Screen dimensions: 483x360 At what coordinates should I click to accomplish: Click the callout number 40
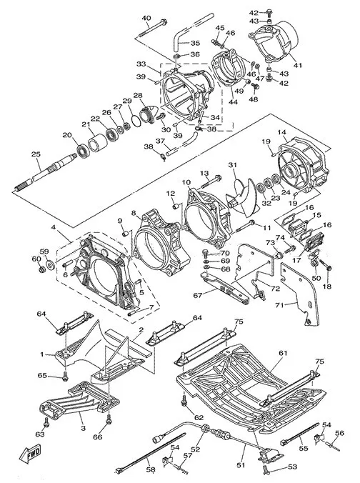pos(146,17)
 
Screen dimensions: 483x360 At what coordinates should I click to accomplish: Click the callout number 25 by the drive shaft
pos(36,154)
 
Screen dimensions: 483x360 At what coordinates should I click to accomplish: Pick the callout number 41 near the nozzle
pos(298,65)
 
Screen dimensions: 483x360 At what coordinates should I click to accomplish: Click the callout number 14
pos(282,132)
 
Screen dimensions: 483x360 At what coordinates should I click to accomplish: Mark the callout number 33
pos(141,64)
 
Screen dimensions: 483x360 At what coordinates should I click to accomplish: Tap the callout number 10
pos(186,182)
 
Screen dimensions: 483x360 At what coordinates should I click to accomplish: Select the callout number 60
pos(36,259)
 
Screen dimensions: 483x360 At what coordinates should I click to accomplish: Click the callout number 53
pos(292,467)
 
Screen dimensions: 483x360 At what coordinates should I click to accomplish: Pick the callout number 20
pos(67,135)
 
